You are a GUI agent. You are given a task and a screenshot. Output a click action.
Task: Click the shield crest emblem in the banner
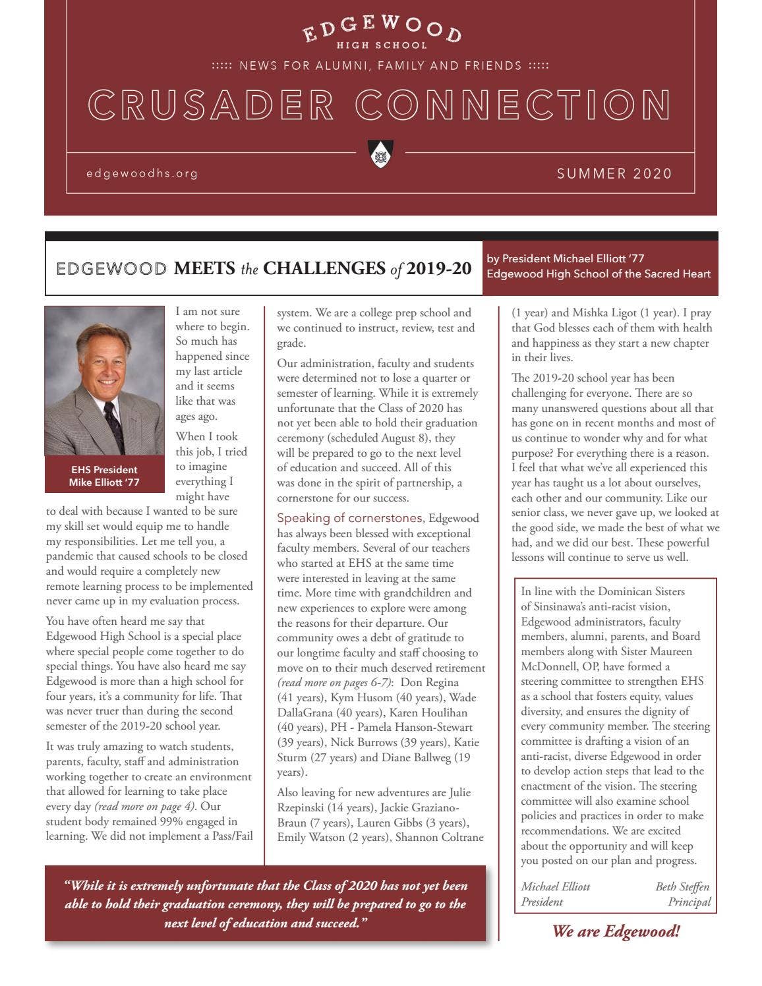380,154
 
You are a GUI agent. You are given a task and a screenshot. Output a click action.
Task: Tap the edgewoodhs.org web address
142,173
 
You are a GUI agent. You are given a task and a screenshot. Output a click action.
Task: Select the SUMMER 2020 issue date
614,173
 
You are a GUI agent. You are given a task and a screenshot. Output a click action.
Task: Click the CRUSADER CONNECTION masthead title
380,105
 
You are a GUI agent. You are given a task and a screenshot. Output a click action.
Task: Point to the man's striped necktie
114,425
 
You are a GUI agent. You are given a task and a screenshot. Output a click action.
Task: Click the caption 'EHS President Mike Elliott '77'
104,476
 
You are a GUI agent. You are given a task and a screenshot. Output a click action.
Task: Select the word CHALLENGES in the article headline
324,269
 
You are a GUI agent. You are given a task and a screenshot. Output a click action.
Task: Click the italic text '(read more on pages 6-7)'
335,682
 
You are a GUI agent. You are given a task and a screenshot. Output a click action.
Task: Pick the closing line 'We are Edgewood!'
616,931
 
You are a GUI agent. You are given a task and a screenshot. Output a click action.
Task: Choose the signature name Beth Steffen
682,886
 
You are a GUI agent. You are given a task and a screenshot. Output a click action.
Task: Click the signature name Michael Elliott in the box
556,886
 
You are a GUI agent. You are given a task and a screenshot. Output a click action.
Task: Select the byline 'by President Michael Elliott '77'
565,258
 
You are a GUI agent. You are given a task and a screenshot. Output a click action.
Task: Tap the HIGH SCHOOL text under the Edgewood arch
382,45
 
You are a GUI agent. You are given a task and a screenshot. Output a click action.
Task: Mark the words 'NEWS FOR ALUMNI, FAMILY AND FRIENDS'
380,66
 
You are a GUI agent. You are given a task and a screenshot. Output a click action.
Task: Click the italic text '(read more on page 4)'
145,806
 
